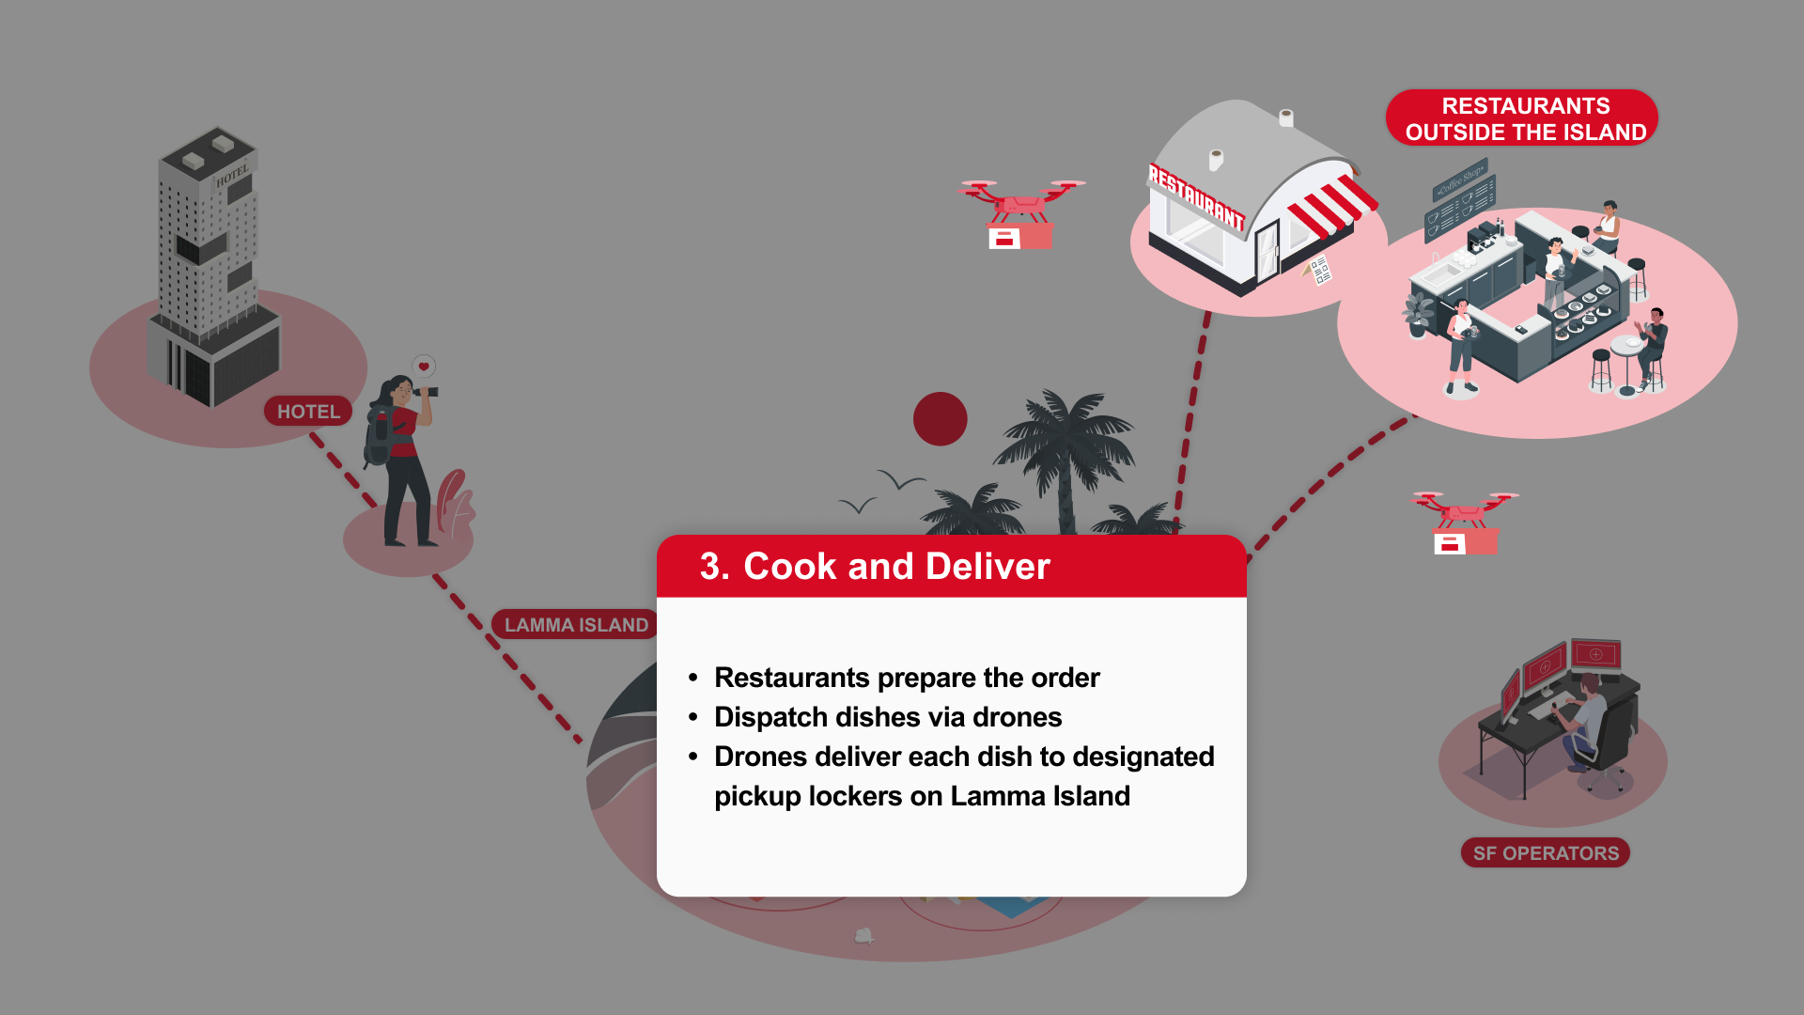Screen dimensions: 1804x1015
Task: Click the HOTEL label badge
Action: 308,412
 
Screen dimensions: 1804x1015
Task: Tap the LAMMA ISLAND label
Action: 575,625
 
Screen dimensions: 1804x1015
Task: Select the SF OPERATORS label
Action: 1546,853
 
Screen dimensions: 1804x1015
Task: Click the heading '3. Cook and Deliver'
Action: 875,567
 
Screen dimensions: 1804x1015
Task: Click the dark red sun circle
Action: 940,419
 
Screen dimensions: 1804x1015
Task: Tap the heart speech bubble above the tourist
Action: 424,367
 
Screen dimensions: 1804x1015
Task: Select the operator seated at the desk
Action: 1588,719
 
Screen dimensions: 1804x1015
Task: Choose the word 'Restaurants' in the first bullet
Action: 791,678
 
